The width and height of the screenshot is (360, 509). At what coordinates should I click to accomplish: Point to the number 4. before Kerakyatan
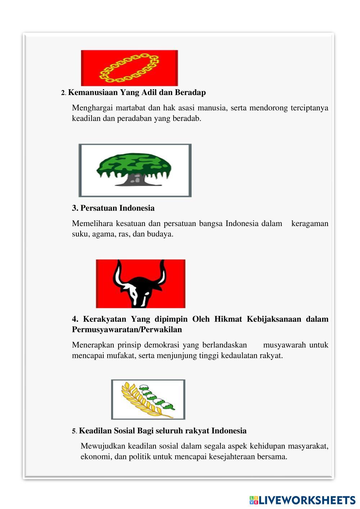pos(75,319)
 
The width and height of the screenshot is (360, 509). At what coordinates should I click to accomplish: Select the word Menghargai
pos(92,108)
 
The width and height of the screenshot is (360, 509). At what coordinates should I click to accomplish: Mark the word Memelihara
pos(92,224)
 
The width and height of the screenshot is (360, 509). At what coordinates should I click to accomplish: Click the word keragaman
pos(310,224)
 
